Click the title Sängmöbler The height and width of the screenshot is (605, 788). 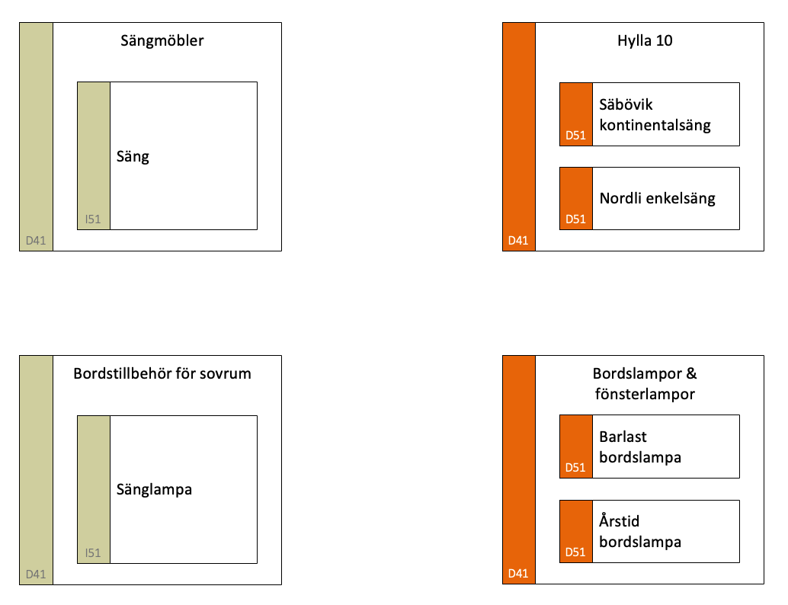click(162, 40)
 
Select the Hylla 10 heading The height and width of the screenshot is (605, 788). click(645, 40)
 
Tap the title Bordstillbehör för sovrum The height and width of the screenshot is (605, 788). click(162, 373)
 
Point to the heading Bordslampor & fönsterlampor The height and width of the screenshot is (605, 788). click(645, 383)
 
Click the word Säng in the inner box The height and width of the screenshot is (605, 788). click(133, 157)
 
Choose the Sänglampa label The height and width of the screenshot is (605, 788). click(154, 490)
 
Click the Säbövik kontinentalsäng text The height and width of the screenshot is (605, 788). click(655, 114)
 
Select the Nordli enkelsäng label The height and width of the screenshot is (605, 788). click(658, 198)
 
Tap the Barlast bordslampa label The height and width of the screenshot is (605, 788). click(640, 447)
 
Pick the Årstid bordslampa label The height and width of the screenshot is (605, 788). click(640, 530)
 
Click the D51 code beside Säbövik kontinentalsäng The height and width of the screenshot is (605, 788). click(575, 135)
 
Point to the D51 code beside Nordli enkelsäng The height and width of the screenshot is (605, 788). click(575, 219)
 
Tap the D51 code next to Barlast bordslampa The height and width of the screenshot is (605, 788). click(575, 468)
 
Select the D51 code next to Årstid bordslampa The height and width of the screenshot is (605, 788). click(575, 552)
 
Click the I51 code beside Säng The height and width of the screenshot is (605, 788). click(93, 219)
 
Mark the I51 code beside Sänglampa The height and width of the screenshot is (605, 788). click(93, 553)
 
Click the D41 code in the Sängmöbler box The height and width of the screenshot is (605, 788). click(36, 241)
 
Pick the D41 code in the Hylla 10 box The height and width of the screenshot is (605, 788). click(518, 241)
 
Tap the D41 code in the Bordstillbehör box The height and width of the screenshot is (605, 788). click(36, 575)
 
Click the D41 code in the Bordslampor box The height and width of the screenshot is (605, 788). click(518, 573)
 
